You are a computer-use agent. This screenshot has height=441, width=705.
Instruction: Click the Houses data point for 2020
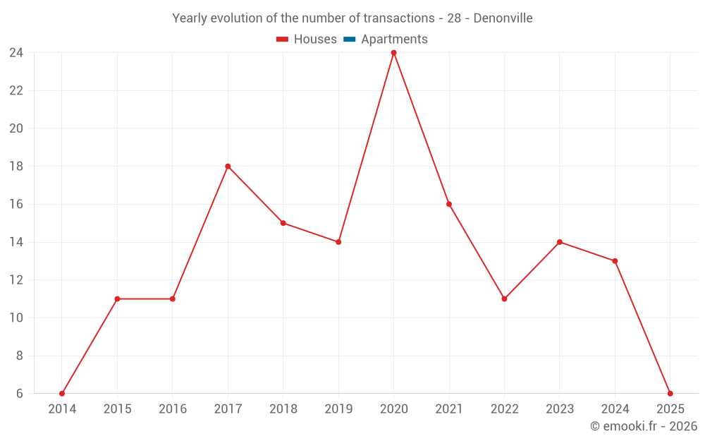coord(393,53)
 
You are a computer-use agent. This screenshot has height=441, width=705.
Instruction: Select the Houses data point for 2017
coord(228,167)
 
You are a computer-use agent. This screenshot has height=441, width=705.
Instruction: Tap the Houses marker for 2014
coord(62,393)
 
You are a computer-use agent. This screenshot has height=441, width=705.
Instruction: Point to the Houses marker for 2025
coord(670,393)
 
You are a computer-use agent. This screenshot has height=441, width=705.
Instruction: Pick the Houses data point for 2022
coord(504,298)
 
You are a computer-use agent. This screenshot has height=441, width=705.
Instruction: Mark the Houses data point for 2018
coord(283,223)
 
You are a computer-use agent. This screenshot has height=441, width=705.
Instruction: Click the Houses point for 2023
coord(559,242)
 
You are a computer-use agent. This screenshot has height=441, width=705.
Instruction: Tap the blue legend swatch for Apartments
coord(349,40)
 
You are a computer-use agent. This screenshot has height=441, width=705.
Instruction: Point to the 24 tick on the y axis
coord(16,53)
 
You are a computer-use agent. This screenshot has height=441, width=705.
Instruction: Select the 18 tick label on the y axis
coord(16,167)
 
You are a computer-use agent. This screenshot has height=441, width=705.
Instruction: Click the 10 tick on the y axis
coord(16,318)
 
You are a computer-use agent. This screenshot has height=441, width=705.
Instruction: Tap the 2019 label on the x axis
coord(338,409)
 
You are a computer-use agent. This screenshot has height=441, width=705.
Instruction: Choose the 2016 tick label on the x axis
coord(173,409)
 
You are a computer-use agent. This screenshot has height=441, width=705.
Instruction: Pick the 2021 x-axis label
coord(449,409)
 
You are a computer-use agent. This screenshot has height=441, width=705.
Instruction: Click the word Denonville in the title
coord(503,18)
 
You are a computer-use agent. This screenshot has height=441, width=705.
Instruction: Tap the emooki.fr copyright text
coord(643,426)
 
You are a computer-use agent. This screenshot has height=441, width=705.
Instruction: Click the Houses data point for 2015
coord(117,298)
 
